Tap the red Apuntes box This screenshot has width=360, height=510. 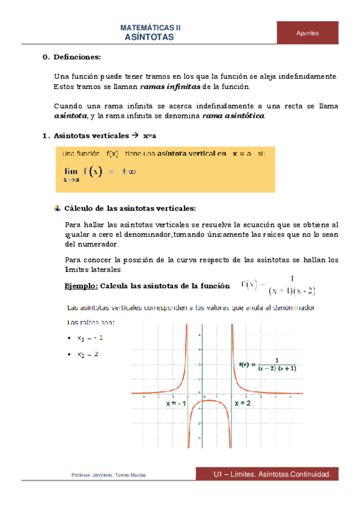click(x=307, y=33)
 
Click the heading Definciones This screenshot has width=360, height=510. click(x=77, y=57)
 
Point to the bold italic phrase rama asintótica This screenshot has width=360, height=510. click(x=233, y=115)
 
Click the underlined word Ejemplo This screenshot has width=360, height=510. click(x=81, y=286)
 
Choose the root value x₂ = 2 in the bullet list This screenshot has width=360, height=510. click(x=88, y=354)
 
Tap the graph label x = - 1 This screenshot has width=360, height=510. click(x=177, y=404)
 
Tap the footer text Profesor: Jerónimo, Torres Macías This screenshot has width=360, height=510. click(x=108, y=475)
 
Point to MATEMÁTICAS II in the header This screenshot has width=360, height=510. click(x=150, y=28)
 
